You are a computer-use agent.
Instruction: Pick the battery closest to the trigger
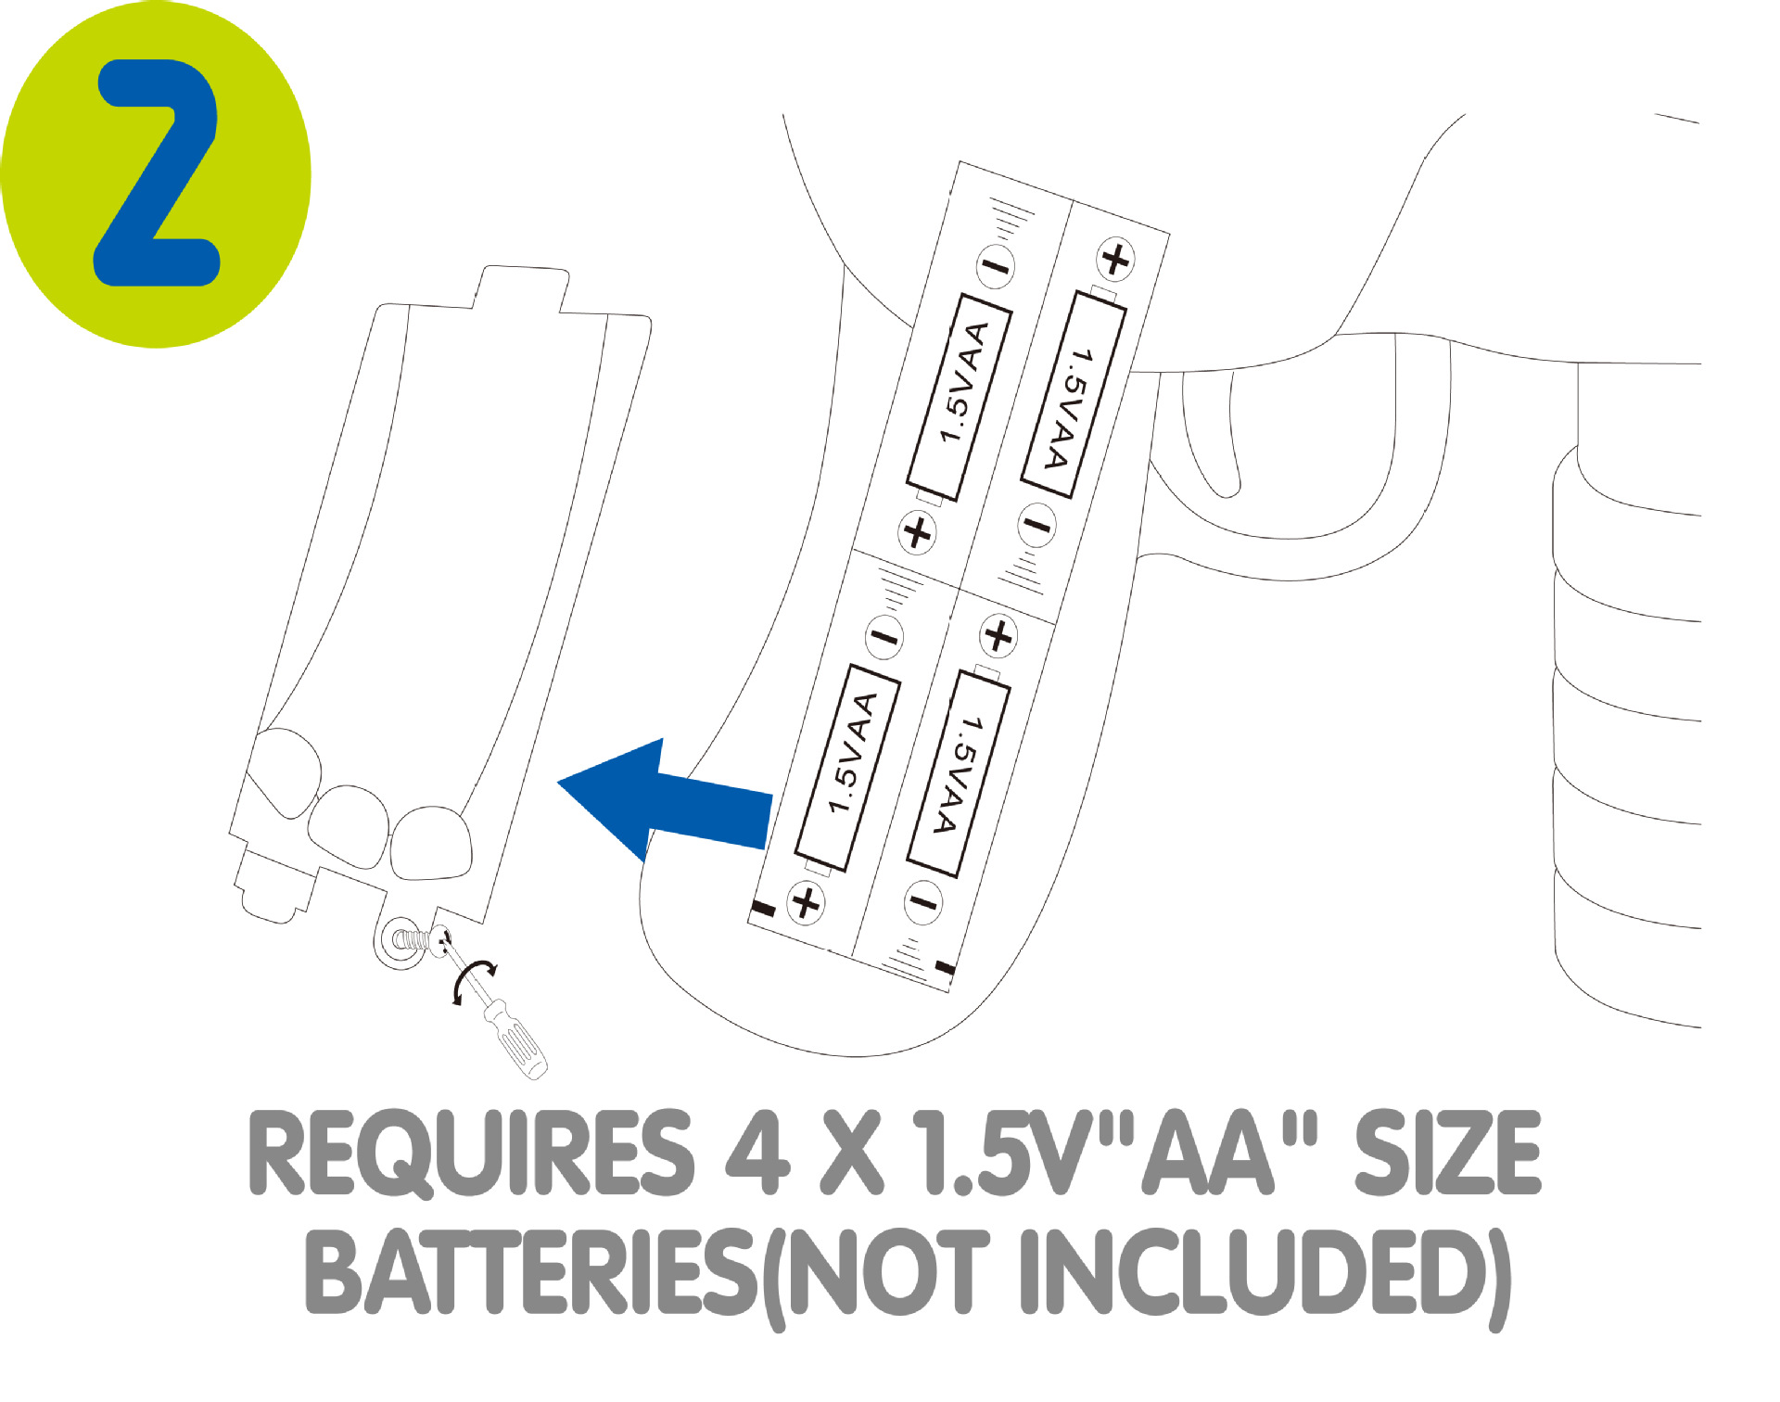pos(1074,394)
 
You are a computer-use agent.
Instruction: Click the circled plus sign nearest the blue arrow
pos(806,902)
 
